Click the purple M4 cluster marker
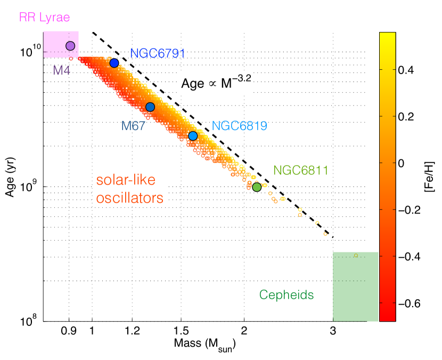coord(70,46)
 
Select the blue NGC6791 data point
coord(114,63)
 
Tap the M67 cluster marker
coord(150,107)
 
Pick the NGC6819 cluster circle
coord(193,136)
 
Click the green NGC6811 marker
coord(257,187)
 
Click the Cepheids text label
coord(287,294)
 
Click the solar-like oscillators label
coord(129,189)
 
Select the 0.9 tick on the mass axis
coord(69,330)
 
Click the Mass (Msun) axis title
coord(204,345)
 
